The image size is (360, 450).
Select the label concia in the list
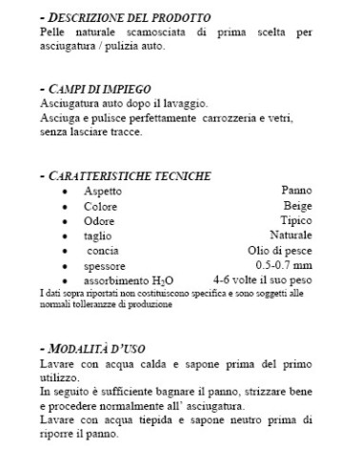[x=102, y=250]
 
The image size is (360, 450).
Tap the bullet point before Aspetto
[x=64, y=192]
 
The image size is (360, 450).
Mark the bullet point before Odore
[x=64, y=221]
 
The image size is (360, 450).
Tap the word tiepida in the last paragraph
[x=157, y=418]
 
